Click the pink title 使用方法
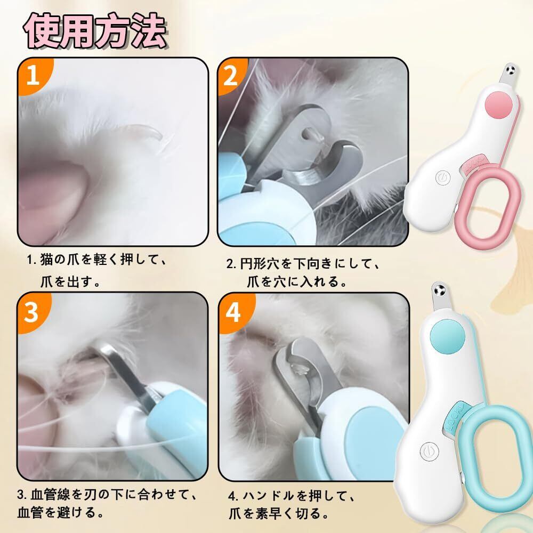95,31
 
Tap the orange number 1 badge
34,75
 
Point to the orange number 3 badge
32,312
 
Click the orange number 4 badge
233,312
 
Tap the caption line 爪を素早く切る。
279,513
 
